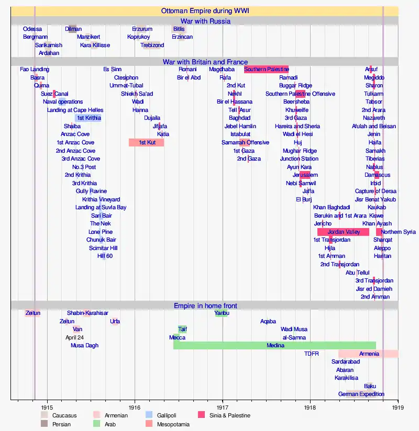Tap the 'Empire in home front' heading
205,305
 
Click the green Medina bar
275,345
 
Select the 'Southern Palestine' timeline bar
266,70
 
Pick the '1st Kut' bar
147,142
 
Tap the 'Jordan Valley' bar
344,232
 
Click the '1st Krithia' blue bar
89,118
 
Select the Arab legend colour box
97,424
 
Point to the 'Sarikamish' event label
49,45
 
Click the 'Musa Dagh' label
84,345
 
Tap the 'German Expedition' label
361,394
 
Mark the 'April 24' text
74,337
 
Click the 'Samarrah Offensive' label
245,142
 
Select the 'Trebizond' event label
152,45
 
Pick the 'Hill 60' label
105,256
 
